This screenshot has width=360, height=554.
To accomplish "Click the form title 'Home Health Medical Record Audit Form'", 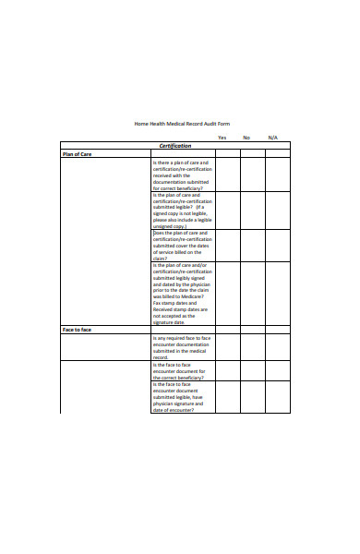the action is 181,123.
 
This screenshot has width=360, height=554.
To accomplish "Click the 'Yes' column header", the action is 222,138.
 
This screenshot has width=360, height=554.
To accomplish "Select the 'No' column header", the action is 246,138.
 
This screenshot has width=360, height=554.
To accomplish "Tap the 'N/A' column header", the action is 272,138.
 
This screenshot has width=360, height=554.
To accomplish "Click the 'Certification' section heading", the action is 175,146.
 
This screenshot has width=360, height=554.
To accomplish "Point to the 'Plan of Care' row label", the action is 77,154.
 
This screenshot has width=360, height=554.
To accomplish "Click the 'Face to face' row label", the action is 78,330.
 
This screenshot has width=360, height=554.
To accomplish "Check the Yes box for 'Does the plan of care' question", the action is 229,246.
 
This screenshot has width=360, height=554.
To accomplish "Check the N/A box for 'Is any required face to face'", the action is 278,347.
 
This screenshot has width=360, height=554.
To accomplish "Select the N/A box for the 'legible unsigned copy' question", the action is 278,210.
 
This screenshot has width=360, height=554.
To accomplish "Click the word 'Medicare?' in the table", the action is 192,296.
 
